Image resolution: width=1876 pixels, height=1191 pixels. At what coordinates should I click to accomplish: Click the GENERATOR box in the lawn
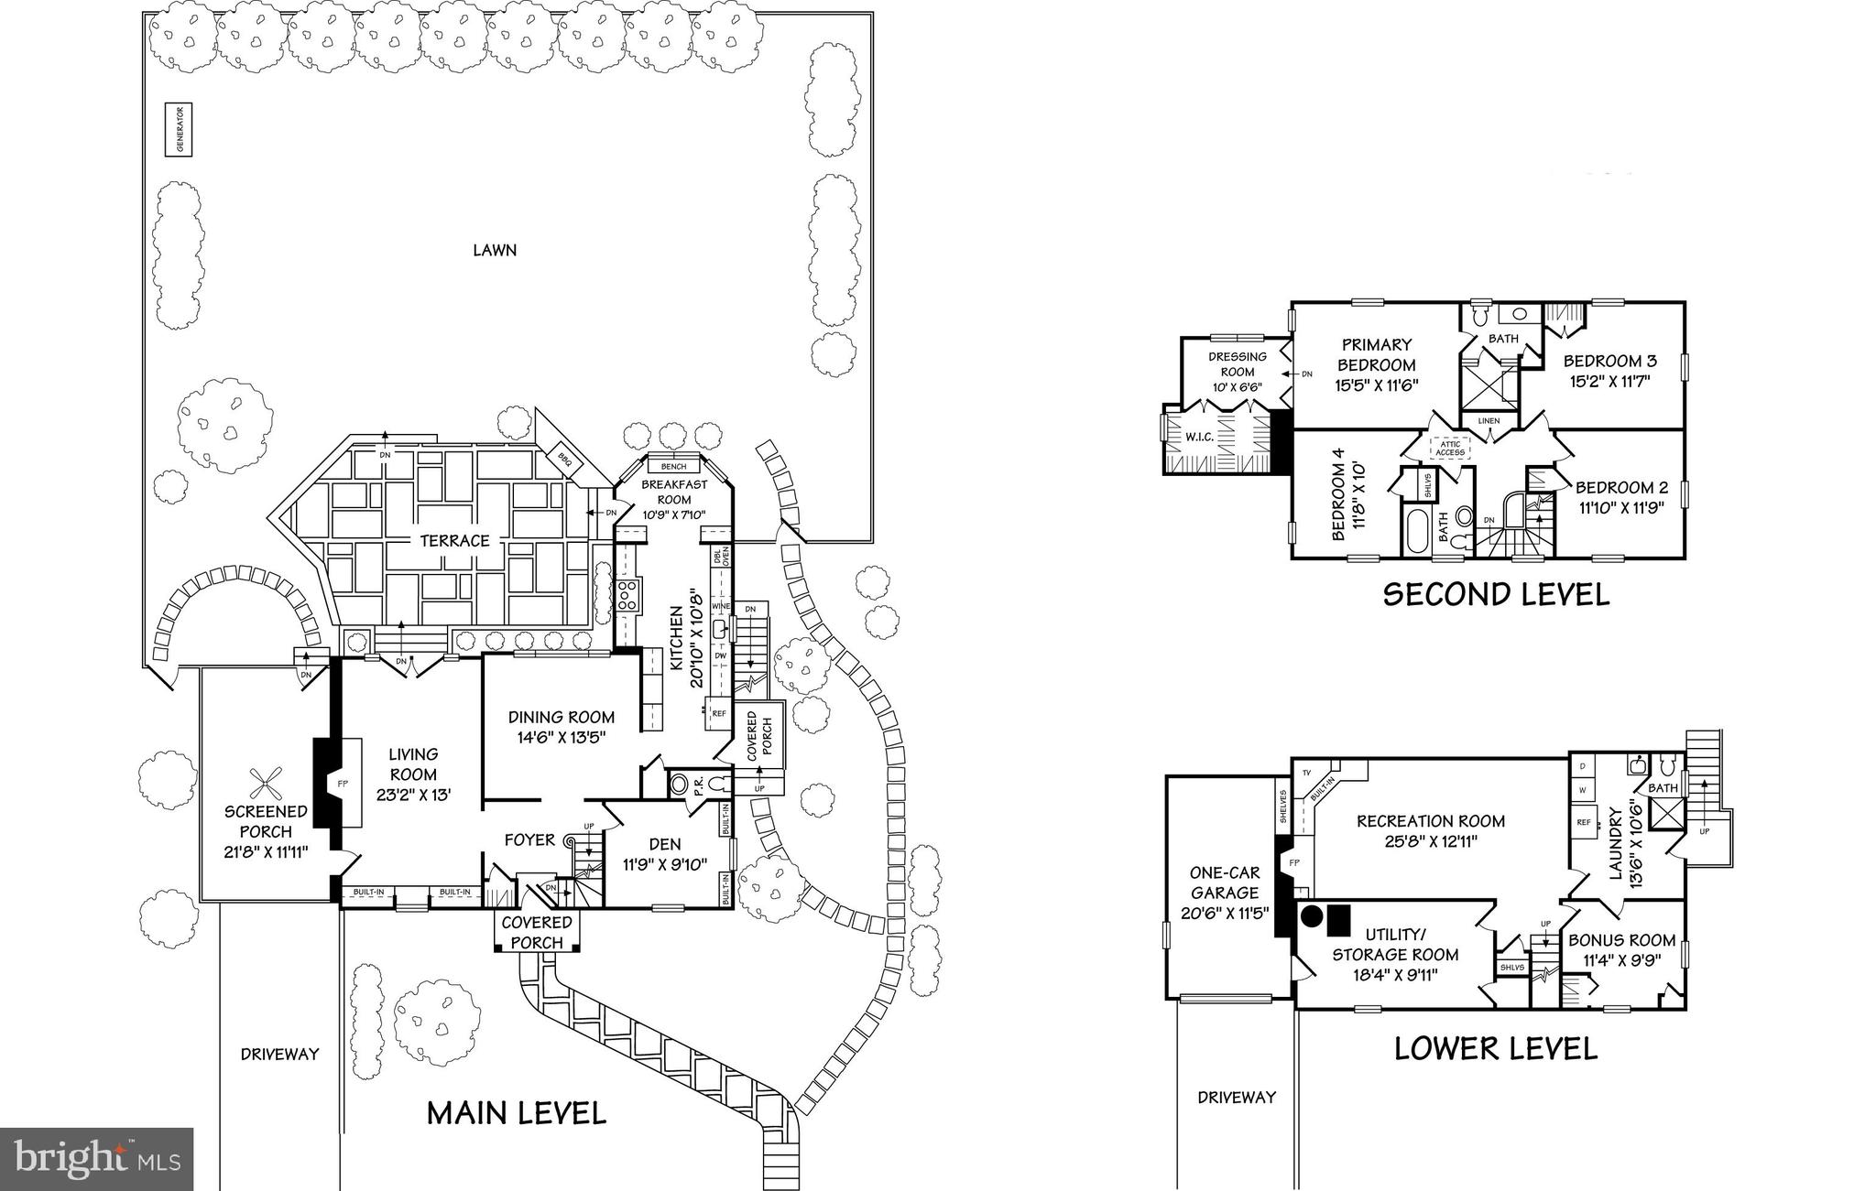[180, 129]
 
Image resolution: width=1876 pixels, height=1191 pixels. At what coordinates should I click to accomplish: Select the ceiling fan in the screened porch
[266, 783]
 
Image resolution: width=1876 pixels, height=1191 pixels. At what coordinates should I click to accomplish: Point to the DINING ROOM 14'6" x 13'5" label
[561, 726]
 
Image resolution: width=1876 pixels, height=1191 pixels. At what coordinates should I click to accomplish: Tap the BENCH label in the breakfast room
[673, 467]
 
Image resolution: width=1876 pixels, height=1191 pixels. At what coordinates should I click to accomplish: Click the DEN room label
[665, 853]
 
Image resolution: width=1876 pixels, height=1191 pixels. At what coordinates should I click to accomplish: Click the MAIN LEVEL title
[517, 1113]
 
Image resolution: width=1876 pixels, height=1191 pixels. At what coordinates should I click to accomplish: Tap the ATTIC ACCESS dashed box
[1450, 449]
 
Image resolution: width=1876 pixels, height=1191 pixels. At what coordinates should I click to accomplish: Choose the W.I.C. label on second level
[1200, 437]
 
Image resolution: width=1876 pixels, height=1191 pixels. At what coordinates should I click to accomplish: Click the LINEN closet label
[1489, 421]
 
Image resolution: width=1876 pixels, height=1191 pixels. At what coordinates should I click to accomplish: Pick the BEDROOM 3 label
[1610, 370]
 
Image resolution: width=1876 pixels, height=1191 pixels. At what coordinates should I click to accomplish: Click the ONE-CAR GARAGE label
[1225, 893]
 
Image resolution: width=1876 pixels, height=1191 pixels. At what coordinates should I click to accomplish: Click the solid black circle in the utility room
[1313, 915]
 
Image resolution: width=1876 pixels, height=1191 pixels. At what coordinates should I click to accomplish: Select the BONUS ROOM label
[1621, 949]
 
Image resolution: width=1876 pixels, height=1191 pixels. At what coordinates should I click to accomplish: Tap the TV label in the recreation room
[1306, 773]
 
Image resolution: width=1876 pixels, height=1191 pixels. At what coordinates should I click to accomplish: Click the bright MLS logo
[97, 1159]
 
